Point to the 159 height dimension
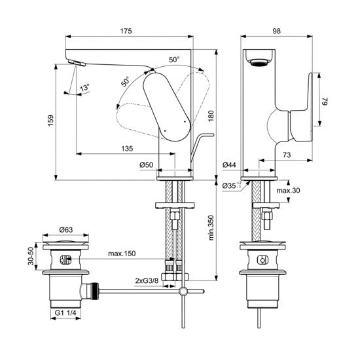click(x=51, y=123)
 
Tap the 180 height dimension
click(x=210, y=115)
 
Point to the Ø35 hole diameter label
click(x=230, y=186)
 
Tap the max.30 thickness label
click(x=288, y=191)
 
